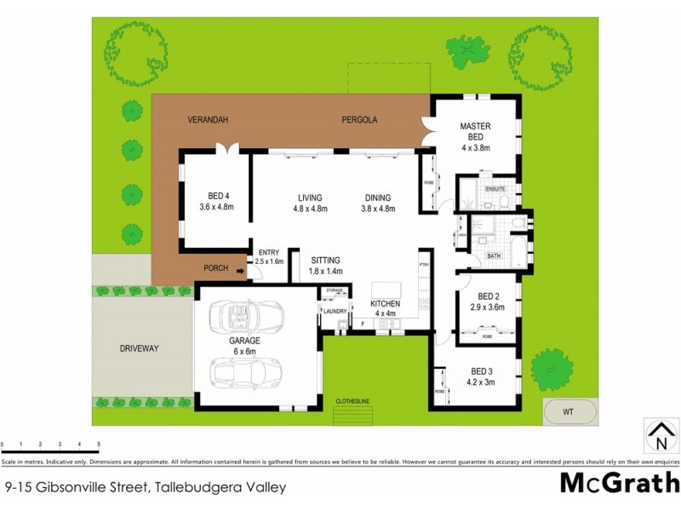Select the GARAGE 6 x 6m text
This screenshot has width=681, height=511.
(x=243, y=346)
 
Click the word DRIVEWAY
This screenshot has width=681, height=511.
(x=139, y=348)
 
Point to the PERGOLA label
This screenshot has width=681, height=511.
(x=359, y=120)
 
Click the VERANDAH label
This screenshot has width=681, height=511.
(x=208, y=120)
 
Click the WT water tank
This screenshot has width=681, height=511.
(x=568, y=412)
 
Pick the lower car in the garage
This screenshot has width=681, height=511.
(x=241, y=372)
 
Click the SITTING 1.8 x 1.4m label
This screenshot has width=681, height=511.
(x=326, y=265)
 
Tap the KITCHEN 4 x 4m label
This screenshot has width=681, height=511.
(x=385, y=307)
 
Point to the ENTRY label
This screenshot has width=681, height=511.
(x=269, y=257)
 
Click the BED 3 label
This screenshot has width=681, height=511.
(x=482, y=376)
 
